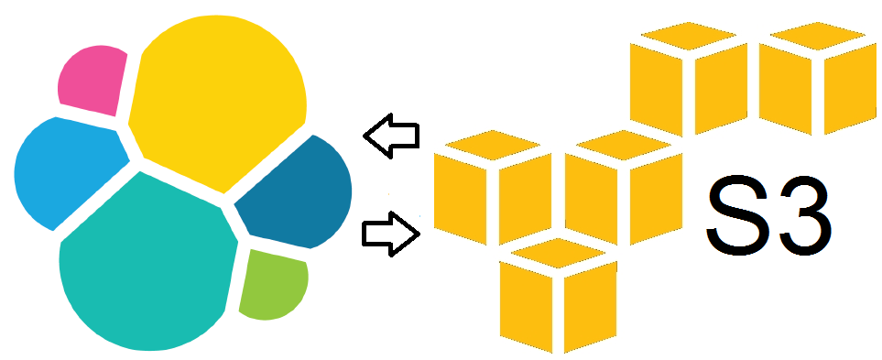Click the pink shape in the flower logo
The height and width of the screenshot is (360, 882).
[92, 79]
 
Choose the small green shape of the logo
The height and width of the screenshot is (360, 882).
[272, 284]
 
